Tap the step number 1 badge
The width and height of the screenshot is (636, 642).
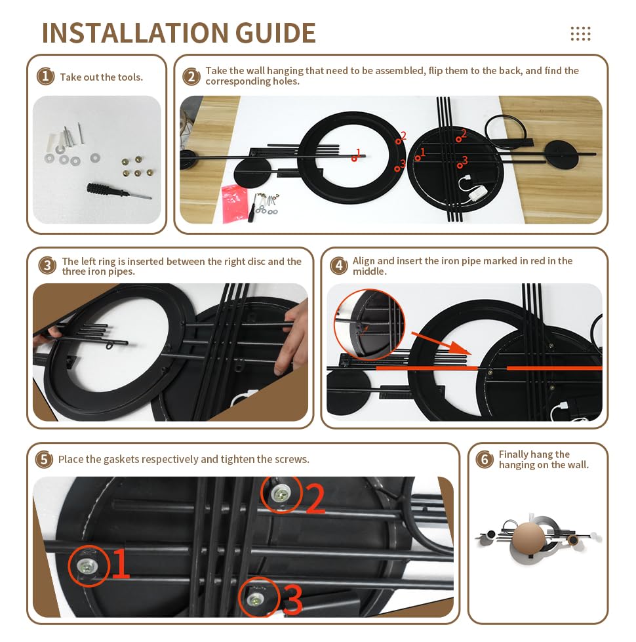coord(45,76)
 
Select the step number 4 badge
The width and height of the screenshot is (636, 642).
coord(338,266)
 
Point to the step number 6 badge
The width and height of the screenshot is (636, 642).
coord(485,460)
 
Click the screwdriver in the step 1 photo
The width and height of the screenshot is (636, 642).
coord(119,191)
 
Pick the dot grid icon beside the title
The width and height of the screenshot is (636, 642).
coord(580,33)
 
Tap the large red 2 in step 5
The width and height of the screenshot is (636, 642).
coord(315,498)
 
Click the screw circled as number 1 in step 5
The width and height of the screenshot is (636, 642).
coord(87,567)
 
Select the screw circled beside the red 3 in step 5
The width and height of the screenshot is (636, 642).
coord(256,600)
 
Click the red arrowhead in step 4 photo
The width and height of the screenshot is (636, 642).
coord(460,348)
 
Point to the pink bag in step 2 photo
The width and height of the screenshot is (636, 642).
coord(235,203)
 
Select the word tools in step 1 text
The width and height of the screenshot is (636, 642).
coord(130,77)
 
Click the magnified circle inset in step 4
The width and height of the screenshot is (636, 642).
coord(370,324)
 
